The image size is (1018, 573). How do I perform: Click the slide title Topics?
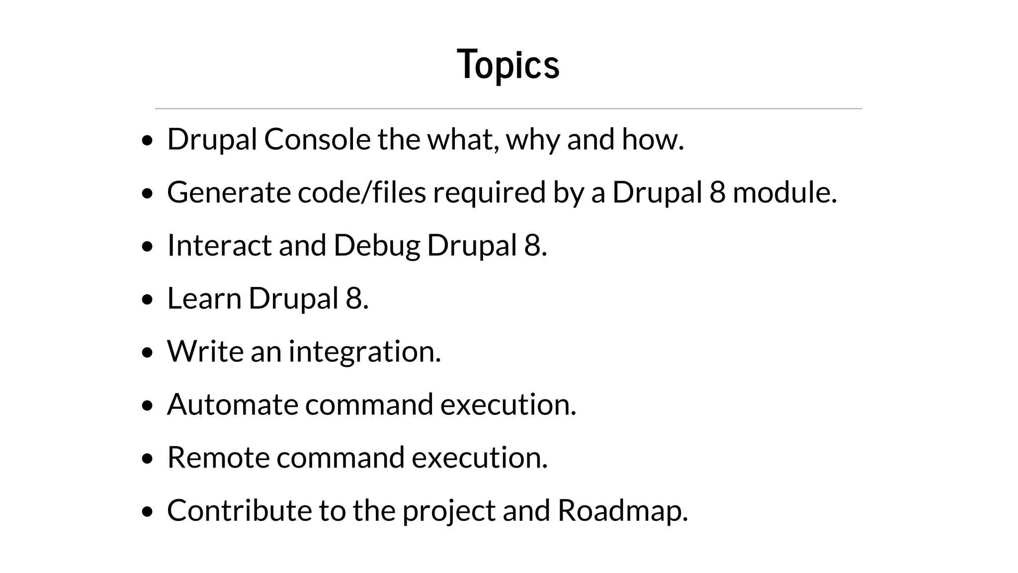(x=508, y=65)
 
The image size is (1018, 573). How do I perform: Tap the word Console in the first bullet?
(x=317, y=139)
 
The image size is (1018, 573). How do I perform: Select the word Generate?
(x=229, y=192)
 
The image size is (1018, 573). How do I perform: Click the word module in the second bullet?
(x=784, y=192)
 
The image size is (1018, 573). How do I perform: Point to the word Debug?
(x=376, y=246)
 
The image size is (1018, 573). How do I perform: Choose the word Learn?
(x=204, y=298)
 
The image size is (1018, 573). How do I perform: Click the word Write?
(x=205, y=351)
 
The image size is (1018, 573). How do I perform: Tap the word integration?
(x=364, y=352)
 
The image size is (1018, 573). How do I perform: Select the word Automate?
(x=232, y=404)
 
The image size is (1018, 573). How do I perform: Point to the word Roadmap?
(x=622, y=511)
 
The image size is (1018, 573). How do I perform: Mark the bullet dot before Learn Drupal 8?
(x=147, y=300)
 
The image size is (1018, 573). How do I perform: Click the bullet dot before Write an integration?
(x=147, y=353)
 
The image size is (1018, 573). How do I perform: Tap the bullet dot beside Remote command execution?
(x=147, y=459)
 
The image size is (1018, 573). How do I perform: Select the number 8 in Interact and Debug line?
(x=532, y=246)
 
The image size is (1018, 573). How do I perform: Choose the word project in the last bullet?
(x=449, y=511)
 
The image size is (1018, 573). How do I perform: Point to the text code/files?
(x=362, y=192)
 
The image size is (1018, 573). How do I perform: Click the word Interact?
(x=219, y=246)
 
